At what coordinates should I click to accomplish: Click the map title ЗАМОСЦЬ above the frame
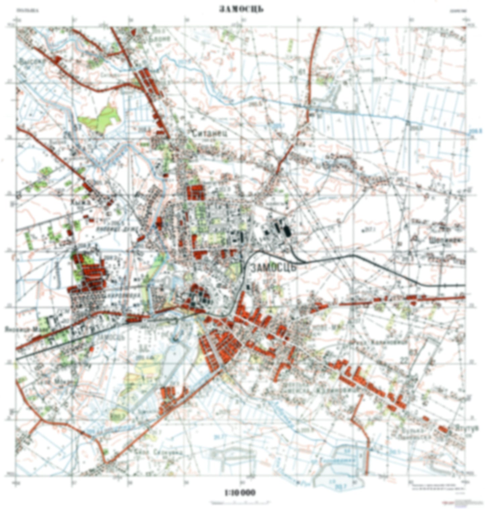pos(241,9)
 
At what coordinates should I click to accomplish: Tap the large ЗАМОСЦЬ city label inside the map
pos(274,268)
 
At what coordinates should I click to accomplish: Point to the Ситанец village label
pos(210,133)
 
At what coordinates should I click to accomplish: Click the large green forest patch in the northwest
pos(101,117)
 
